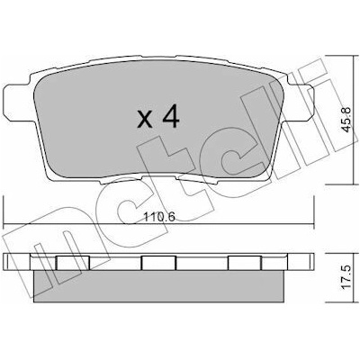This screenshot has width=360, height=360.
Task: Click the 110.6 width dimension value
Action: [x=159, y=216]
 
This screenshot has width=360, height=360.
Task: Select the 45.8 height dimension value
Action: [x=346, y=120]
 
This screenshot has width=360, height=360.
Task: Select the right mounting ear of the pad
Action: [x=300, y=102]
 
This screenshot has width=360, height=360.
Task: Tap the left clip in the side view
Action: [x=73, y=263]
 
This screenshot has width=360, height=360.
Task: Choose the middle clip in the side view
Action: [x=158, y=263]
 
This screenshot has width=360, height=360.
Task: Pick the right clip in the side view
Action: [x=245, y=263]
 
